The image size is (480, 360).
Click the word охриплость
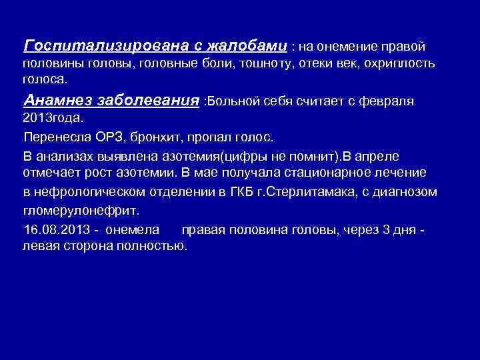[x=401, y=63]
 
